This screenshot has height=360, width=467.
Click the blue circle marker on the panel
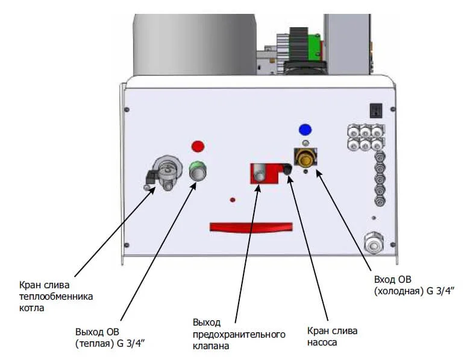click(x=305, y=129)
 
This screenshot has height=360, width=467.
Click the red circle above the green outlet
click(x=196, y=147)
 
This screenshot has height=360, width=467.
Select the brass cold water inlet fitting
click(x=304, y=159)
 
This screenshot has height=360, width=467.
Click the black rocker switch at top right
click(x=376, y=110)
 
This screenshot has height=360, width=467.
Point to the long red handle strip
click(x=250, y=226)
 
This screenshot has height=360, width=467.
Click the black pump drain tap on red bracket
click(x=288, y=170)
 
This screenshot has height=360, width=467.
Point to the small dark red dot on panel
click(x=233, y=199)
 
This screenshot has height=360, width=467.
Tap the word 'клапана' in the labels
click(x=211, y=346)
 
